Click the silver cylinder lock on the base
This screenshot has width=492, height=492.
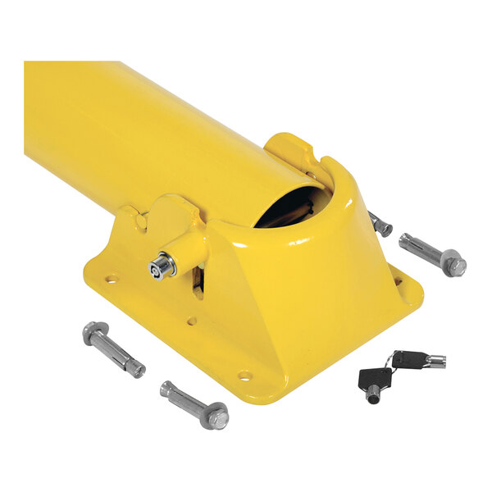click(162, 266)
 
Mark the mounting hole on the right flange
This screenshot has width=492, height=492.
click(399, 281)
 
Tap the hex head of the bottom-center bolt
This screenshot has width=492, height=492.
click(216, 418)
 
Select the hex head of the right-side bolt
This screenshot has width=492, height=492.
click(453, 264)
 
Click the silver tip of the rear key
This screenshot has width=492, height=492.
click(435, 361)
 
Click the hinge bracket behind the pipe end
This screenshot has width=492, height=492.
click(291, 151)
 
